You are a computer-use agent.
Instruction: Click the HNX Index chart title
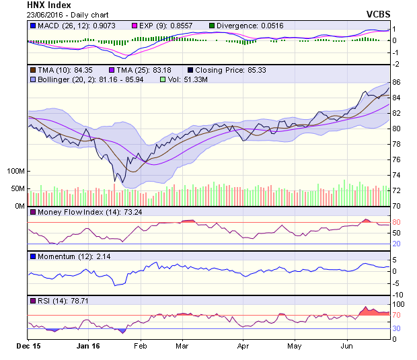(50, 6)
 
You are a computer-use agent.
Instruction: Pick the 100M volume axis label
(15, 172)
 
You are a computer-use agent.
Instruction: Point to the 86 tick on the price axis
(397, 82)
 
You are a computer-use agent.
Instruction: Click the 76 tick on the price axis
(397, 159)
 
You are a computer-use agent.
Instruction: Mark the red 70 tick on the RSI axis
(397, 315)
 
